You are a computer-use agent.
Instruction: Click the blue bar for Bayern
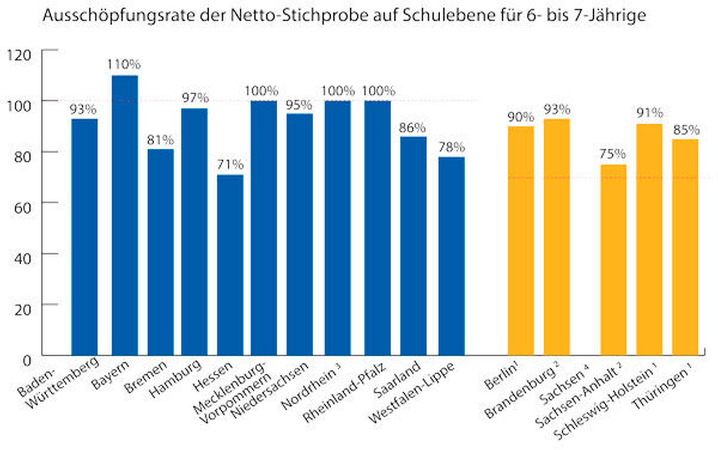pyautogui.click(x=125, y=215)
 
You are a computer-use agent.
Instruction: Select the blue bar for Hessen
pyautogui.click(x=230, y=264)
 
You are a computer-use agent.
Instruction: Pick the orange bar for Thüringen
pyautogui.click(x=685, y=247)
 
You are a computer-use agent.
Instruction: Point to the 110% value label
pyautogui.click(x=124, y=65)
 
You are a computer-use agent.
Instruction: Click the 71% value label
pyautogui.click(x=230, y=165)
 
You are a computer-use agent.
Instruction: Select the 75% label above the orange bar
pyautogui.click(x=613, y=154)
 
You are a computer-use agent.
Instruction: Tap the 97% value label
pyautogui.click(x=195, y=98)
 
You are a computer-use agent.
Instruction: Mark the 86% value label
pyautogui.click(x=412, y=128)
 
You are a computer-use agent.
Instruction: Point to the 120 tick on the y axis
pyautogui.click(x=19, y=55)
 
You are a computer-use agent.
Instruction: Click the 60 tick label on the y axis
pyautogui.click(x=22, y=208)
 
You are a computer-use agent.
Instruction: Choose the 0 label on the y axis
pyautogui.click(x=26, y=361)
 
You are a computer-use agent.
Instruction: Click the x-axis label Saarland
pyautogui.click(x=397, y=379)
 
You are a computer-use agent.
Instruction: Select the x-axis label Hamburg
pyautogui.click(x=175, y=378)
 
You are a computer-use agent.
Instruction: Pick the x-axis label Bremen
pyautogui.click(x=145, y=377)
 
